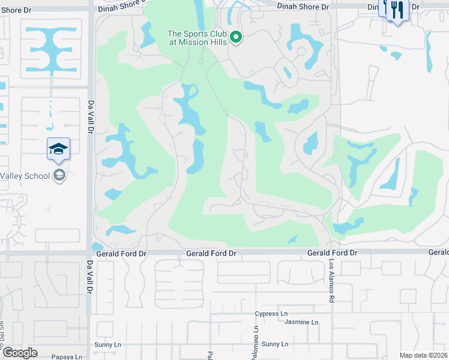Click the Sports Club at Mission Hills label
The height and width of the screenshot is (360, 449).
click(x=198, y=38)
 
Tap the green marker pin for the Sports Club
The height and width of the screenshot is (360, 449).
click(x=236, y=38)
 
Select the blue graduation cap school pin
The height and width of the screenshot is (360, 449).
click(x=58, y=149)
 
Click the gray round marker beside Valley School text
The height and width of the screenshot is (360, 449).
click(x=59, y=175)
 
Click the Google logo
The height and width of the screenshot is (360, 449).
click(x=20, y=353)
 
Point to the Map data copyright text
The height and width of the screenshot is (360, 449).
click(x=423, y=355)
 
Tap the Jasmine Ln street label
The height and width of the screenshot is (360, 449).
click(x=301, y=322)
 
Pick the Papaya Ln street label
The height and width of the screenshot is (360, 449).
click(x=66, y=356)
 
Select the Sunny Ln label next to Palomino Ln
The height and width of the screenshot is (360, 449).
click(x=275, y=344)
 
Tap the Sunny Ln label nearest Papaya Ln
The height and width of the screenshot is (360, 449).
click(x=108, y=345)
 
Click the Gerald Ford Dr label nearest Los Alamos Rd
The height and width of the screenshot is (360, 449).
click(x=332, y=253)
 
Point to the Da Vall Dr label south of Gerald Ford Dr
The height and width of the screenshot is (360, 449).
click(x=90, y=277)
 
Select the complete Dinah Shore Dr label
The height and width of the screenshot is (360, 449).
click(x=303, y=6)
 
